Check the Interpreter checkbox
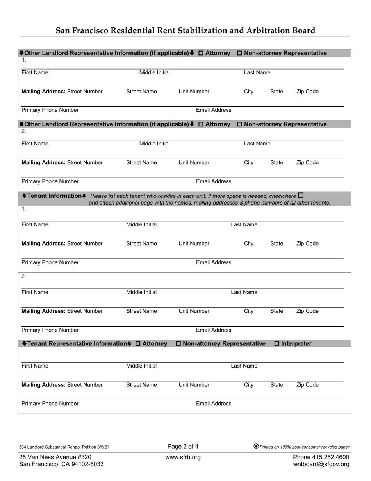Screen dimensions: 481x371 click(277, 343)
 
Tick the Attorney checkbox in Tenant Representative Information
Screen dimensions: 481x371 click(138, 343)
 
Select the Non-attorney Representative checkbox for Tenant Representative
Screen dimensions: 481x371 click(178, 343)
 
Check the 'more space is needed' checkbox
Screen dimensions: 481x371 click(301, 195)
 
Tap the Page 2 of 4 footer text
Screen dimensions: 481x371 click(183, 446)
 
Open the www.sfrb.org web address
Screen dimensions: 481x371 click(183, 457)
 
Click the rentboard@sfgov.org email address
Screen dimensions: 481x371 click(321, 464)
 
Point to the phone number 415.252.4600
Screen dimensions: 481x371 click(330, 457)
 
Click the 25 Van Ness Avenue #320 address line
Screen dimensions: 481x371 click(55, 457)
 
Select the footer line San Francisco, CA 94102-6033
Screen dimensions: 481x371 click(61, 464)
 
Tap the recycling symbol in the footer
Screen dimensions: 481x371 click(256, 446)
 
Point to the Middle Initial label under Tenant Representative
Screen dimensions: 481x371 click(141, 366)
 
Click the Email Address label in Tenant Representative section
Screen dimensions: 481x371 click(214, 404)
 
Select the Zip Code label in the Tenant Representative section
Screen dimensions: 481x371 click(307, 385)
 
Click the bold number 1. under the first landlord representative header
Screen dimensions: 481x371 click(24, 60)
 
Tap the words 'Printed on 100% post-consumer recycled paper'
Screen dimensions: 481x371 click(305, 447)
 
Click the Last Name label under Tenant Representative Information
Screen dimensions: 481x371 click(244, 366)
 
